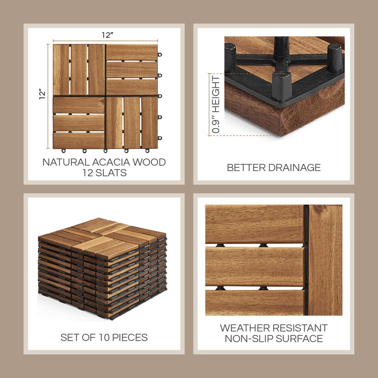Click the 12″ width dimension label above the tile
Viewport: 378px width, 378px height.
pos(108,35)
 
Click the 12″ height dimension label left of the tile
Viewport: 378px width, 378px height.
pos(42,94)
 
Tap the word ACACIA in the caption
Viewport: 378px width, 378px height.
pos(111,162)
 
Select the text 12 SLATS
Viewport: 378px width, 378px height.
pos(104,173)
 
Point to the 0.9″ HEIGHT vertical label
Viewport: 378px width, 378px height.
pos(216,104)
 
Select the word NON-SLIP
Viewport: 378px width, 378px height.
pos(249,339)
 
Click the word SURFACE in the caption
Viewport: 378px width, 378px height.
pos(300,339)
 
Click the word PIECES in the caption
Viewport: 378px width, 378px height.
pos(130,337)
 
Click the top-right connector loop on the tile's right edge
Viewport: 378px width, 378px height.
pos(160,54)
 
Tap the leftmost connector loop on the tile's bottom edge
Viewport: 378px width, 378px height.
pos(63,151)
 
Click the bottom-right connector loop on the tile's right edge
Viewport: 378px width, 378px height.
pos(160,138)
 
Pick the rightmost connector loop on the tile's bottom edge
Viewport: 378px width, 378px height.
pos(147,151)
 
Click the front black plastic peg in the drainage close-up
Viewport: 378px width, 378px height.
pos(282,86)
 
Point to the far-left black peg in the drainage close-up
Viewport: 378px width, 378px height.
pos(231,58)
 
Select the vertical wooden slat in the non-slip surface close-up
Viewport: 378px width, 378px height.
pos(326,260)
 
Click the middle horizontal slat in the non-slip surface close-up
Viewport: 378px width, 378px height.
pos(255,266)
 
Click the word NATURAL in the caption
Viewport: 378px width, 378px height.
pos(66,162)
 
